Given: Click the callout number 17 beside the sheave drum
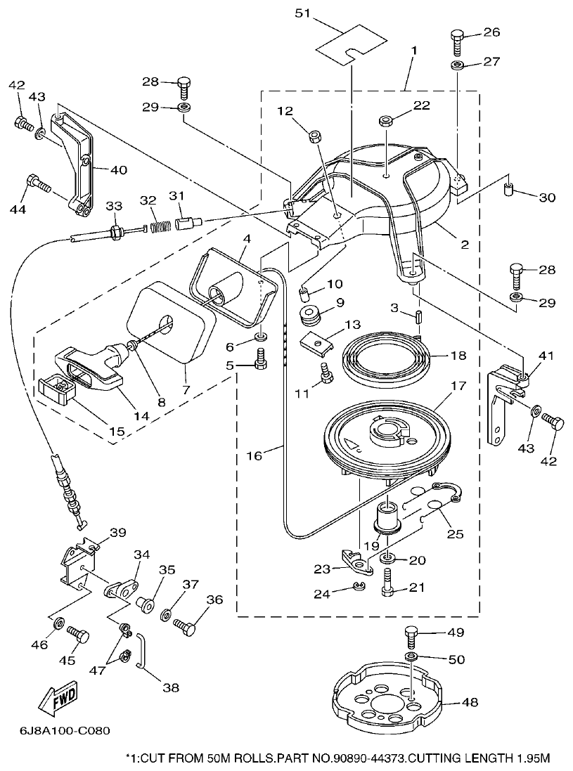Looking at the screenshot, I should click(x=458, y=386).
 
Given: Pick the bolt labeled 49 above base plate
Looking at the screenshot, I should click(x=411, y=637).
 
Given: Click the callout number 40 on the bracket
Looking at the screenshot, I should click(x=118, y=169).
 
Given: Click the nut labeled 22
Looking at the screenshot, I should click(x=386, y=122).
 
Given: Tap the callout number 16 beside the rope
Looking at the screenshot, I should click(x=255, y=455).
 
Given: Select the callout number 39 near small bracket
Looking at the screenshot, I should click(x=117, y=532).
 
